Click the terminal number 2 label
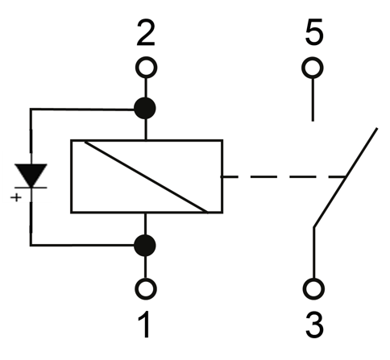(146, 32)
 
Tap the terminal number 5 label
(314, 31)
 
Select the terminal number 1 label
(144, 325)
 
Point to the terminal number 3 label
(314, 325)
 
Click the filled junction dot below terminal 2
(145, 109)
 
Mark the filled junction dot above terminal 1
(145, 246)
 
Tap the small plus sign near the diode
(16, 197)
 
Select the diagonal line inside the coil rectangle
(146, 176)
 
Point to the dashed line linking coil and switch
(283, 176)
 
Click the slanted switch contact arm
(346, 177)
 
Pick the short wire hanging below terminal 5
(313, 100)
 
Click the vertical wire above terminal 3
(313, 253)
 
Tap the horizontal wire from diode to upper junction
(82, 109)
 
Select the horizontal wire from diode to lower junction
(82, 245)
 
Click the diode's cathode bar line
(31, 188)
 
